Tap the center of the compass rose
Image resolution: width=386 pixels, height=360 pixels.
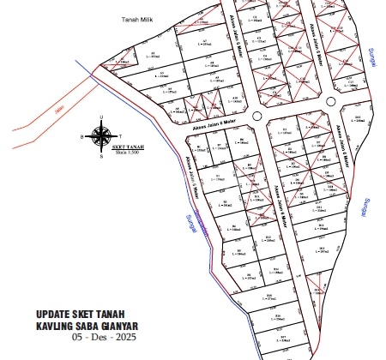coord(102,135)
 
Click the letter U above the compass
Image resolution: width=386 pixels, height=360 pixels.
coord(102,118)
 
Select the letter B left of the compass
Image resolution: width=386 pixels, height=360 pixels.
coord(82,136)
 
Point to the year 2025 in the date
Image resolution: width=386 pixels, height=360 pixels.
coord(124,338)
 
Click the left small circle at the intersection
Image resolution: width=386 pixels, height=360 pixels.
coord(256,116)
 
